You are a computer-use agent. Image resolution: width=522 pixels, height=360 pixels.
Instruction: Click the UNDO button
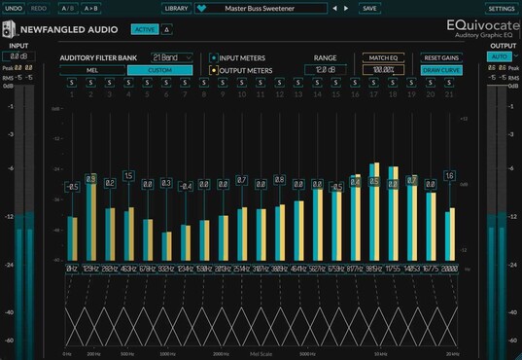(x=14, y=8)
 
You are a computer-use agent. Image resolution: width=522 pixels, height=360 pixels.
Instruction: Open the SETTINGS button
(x=502, y=8)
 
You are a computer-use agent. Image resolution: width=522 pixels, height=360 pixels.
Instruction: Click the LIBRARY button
(x=176, y=8)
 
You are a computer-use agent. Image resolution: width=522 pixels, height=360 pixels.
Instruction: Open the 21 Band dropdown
(x=171, y=57)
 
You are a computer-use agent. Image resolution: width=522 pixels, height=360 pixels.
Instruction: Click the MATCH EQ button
(x=382, y=57)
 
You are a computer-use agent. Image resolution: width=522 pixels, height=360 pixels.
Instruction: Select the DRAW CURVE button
(x=441, y=70)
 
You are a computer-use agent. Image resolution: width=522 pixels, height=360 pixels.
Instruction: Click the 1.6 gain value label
(x=449, y=176)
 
